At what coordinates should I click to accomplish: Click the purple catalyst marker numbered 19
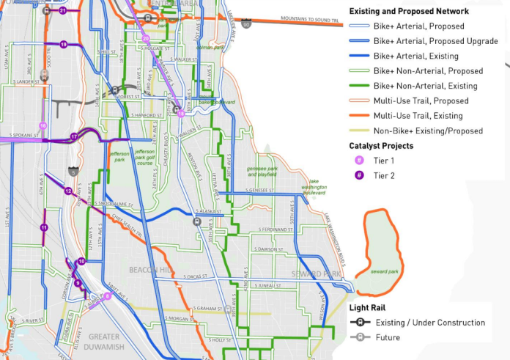coord(64,45)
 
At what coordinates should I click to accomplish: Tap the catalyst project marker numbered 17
coord(74,137)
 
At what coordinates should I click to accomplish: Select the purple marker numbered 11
coord(44,228)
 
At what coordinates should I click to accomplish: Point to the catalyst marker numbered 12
coord(68,191)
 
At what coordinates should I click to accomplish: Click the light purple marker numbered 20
coord(146,39)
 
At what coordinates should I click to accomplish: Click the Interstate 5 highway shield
coord(73,172)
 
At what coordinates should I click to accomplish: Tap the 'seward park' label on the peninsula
coord(385,271)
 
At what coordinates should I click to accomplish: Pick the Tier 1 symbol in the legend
coord(359,161)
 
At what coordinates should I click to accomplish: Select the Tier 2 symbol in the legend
coord(359,175)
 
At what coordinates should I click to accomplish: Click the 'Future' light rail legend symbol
coord(359,337)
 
